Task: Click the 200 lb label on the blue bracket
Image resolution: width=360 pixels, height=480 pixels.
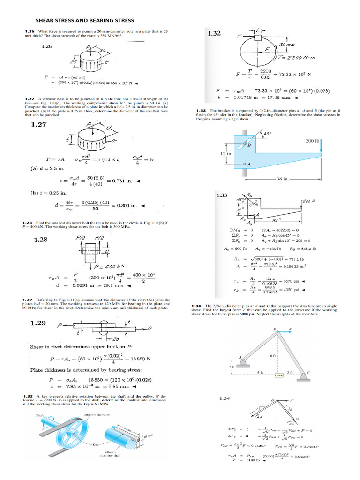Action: (x=312, y=141)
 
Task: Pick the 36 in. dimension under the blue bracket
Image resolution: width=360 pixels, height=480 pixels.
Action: (x=282, y=179)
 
